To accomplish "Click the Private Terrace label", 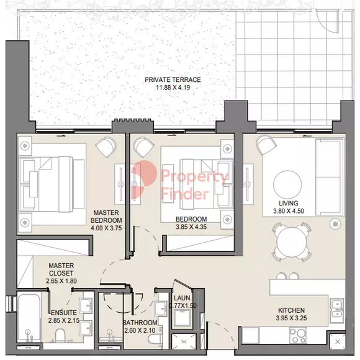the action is (173, 79).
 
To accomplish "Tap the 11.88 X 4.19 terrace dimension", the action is (173, 88).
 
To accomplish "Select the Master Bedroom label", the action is (106, 216).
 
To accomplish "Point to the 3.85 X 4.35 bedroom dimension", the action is (191, 227).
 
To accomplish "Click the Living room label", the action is (289, 203).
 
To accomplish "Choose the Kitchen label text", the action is (291, 310).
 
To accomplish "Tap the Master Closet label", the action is (61, 269).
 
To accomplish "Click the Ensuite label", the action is (64, 313).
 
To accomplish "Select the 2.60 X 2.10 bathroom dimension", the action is (140, 330).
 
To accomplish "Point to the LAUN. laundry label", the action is (182, 298).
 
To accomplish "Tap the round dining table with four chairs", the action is (292, 241).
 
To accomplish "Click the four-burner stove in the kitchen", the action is (298, 335).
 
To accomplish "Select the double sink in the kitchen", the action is (337, 308).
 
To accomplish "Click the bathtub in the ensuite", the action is (29, 318).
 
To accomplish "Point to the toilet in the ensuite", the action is (60, 335).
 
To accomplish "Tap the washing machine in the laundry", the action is (182, 318).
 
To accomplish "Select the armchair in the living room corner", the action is (266, 145).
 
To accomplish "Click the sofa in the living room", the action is (330, 177).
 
